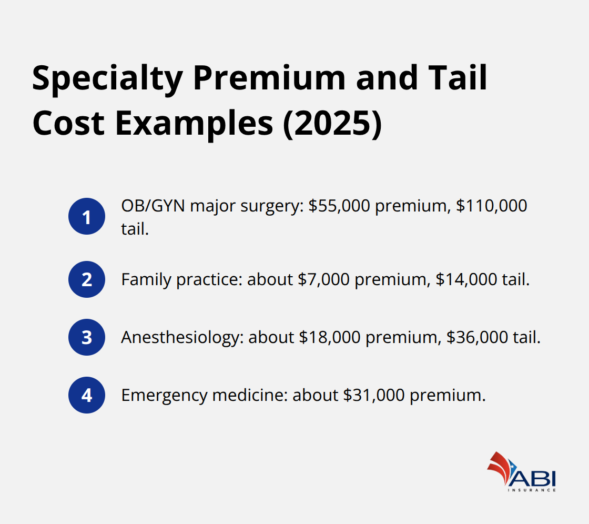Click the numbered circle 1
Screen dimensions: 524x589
[x=87, y=217]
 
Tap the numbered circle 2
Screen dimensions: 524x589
[x=87, y=279]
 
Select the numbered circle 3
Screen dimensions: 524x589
[x=87, y=337]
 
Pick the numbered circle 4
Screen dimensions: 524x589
[x=87, y=395]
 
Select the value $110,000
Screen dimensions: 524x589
[x=491, y=206]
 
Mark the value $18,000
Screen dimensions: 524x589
[x=330, y=337]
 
